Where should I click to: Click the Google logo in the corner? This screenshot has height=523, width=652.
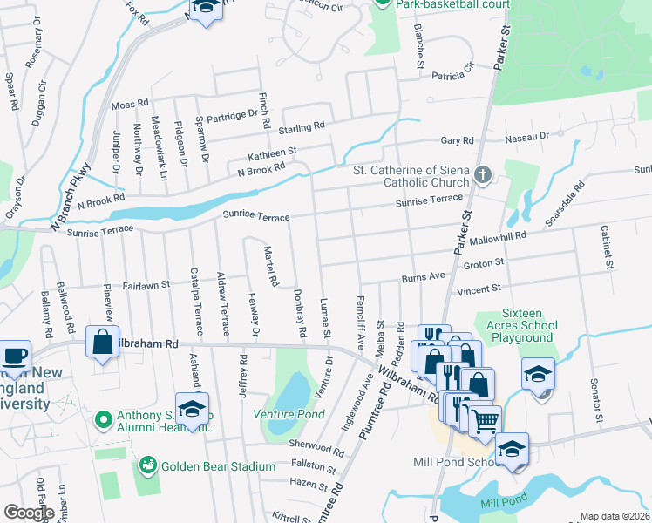point(28,512)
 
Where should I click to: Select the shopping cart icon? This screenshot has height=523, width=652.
point(485,422)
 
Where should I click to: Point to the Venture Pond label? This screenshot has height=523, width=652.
point(282,413)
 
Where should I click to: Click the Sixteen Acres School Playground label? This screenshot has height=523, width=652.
point(515,325)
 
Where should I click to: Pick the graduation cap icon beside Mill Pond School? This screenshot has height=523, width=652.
point(512,450)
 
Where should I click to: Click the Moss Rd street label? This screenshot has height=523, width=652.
point(130,105)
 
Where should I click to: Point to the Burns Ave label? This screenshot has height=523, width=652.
point(424,278)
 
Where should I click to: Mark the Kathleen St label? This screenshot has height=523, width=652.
point(273,152)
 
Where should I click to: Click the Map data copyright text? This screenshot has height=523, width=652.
point(615,516)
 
